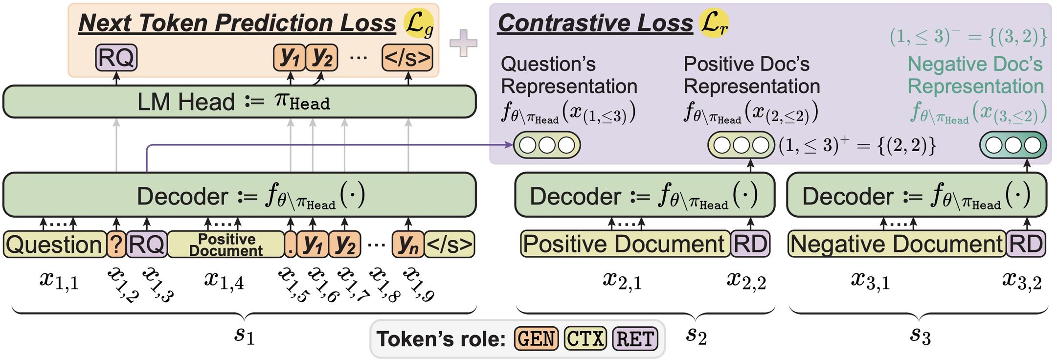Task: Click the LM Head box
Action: [x=239, y=102]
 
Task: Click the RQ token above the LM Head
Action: [x=116, y=58]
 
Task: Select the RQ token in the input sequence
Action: [x=147, y=244]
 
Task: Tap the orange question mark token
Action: [x=116, y=244]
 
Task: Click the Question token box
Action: [x=54, y=244]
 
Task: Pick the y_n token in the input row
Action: [x=408, y=244]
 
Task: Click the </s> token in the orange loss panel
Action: [x=407, y=58]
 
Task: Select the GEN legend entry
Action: [x=536, y=338]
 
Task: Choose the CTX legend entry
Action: [x=585, y=338]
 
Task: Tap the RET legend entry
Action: [x=635, y=338]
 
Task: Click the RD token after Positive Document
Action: [x=750, y=244]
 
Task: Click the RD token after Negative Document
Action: [x=1026, y=244]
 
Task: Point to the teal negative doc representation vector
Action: [x=1013, y=145]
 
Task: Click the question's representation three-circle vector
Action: [x=547, y=145]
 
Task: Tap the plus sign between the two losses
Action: [x=463, y=44]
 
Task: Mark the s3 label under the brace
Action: [x=920, y=336]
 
